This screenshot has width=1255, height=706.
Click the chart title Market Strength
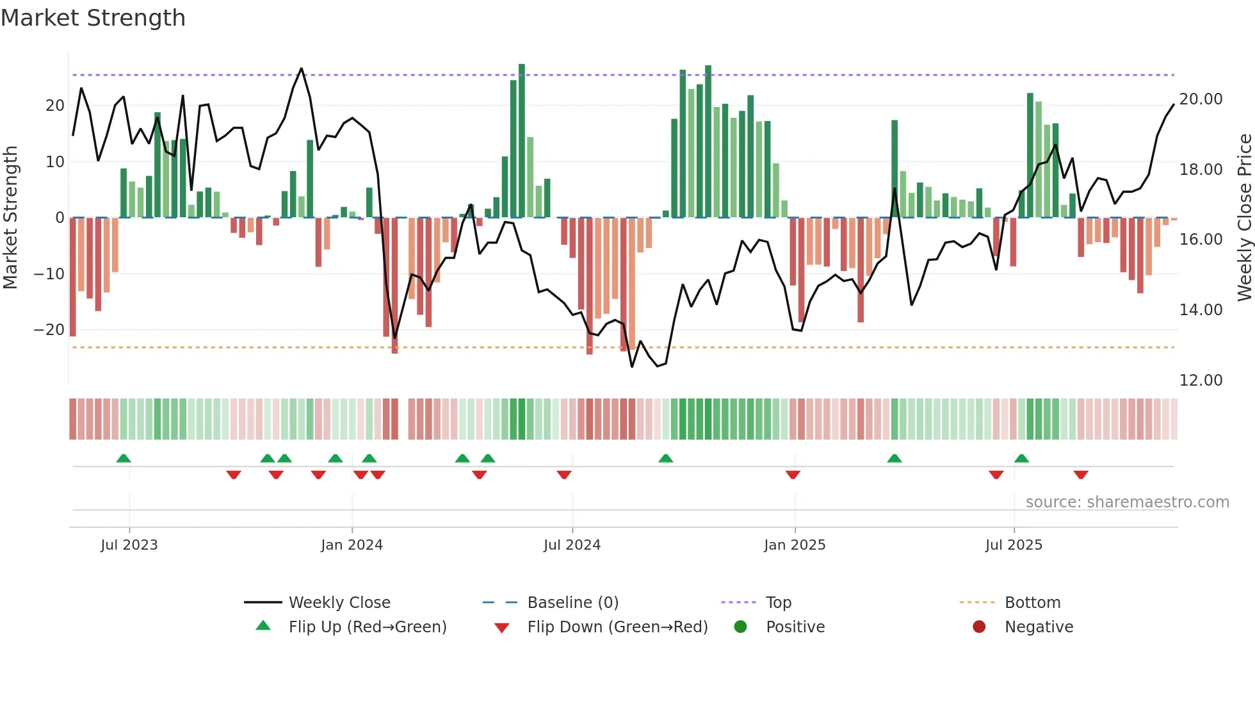93,18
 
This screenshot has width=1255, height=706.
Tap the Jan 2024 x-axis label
352,545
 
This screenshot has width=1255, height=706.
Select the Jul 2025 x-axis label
1014,545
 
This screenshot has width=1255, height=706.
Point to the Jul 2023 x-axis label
129,545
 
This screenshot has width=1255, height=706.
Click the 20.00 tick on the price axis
1201,99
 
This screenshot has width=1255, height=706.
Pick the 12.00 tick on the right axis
1201,381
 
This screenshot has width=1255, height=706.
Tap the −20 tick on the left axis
49,330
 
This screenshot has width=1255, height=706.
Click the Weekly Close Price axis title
1244,217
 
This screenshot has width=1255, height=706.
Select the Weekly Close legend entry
339,603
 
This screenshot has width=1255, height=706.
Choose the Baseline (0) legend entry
572,603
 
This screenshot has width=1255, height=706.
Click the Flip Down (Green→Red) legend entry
617,627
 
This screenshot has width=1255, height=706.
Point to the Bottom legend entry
1032,603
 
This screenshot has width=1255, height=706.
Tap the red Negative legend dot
979,627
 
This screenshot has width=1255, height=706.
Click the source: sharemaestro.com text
1127,502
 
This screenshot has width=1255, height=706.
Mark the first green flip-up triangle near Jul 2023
124,458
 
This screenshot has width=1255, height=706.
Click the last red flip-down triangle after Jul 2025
1081,475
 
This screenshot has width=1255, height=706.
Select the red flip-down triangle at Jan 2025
793,475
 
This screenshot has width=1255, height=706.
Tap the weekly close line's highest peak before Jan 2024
302,69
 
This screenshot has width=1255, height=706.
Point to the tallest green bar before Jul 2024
522,141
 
